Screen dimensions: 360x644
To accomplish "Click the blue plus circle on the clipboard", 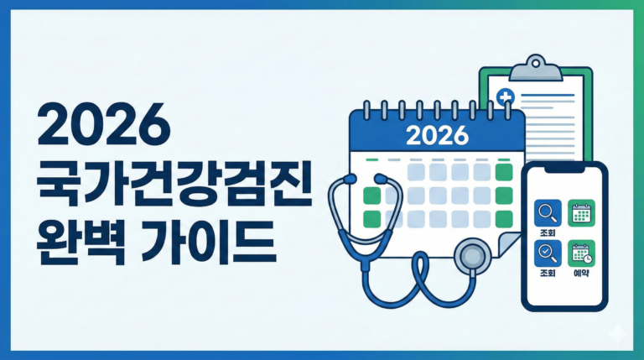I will pos(506,99).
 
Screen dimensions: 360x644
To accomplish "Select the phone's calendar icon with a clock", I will pos(580,252).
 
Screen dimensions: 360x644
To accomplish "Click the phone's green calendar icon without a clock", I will pos(580,212).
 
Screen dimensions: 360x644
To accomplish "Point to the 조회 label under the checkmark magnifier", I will pos(546,274).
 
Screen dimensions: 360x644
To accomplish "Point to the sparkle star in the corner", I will pos(621,335).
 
